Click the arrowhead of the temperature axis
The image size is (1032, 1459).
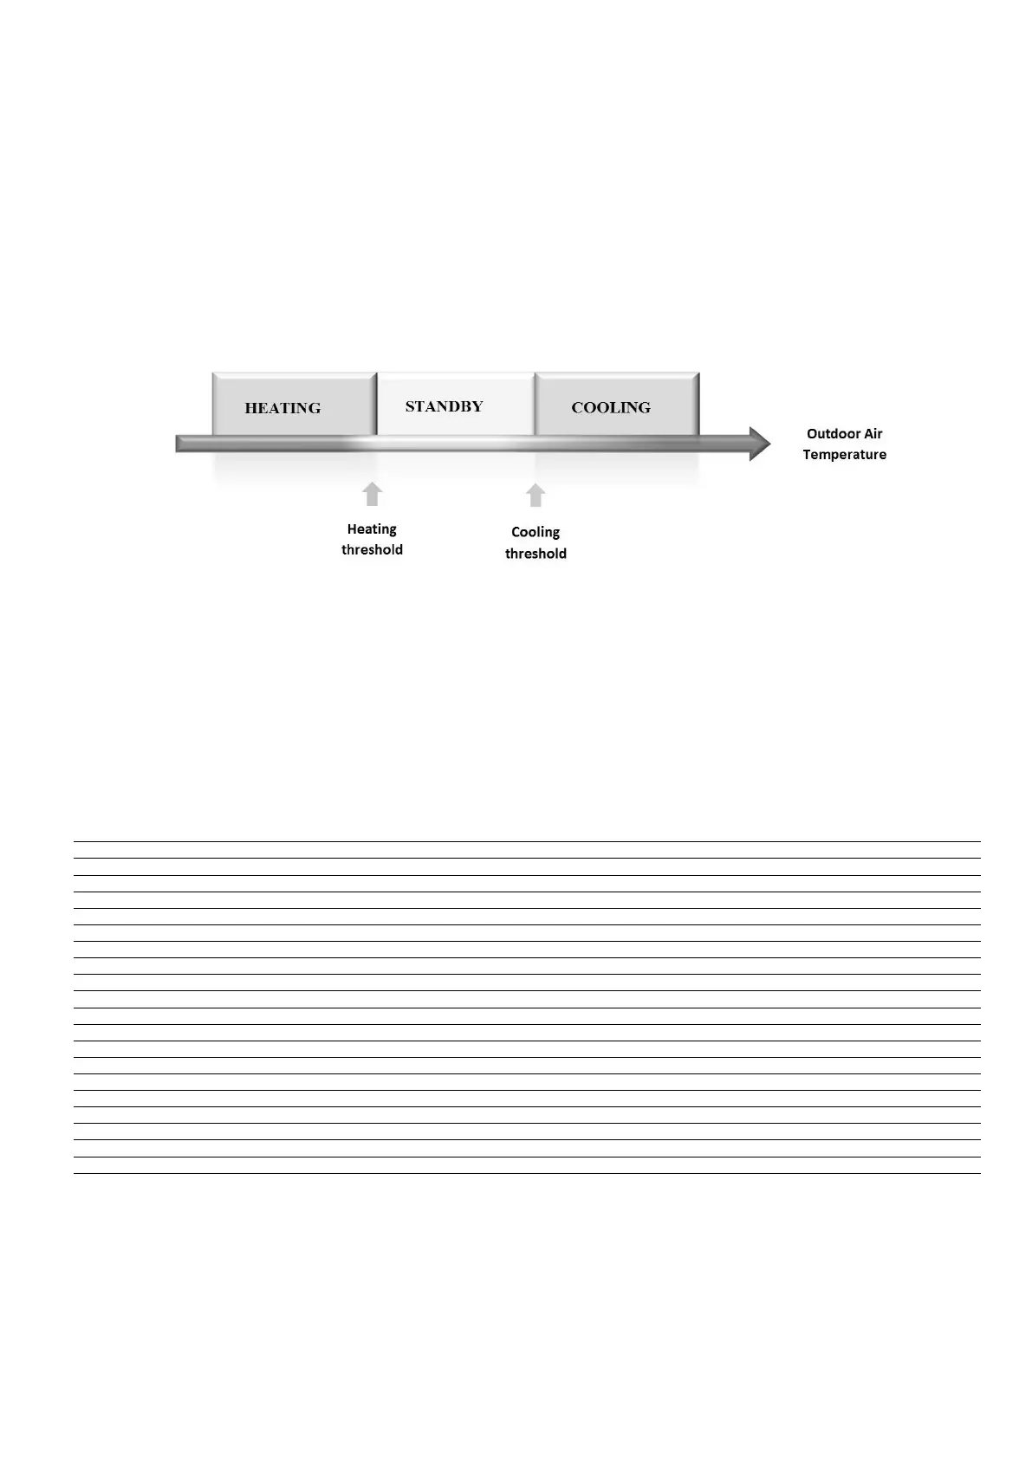[760, 444]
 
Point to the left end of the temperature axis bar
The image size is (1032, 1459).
[178, 444]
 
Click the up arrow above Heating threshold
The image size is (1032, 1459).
[372, 494]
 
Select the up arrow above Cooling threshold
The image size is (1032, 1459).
[535, 496]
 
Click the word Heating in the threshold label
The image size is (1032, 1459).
[372, 529]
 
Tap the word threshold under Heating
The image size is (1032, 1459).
[372, 550]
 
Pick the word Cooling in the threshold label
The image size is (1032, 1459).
[535, 532]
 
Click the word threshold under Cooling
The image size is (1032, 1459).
[535, 554]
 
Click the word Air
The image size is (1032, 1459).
[872, 434]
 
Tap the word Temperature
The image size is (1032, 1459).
[844, 455]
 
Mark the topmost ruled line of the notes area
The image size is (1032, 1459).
[527, 841]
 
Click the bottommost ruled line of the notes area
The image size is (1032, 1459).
[527, 1173]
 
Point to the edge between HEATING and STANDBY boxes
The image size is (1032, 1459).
[377, 405]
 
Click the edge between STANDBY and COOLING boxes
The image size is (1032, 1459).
[535, 405]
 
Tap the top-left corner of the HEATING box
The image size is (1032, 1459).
[213, 374]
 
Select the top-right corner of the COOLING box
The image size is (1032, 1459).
[698, 374]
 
